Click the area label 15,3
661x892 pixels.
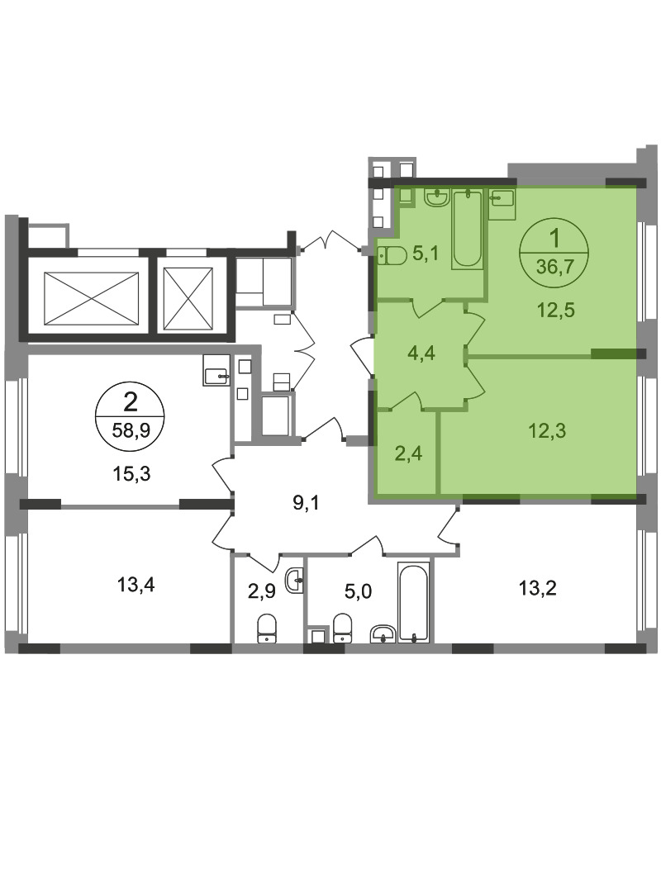[131, 472]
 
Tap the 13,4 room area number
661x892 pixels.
[136, 584]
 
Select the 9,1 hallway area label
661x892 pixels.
[306, 503]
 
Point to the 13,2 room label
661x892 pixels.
[537, 588]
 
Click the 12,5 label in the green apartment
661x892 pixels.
[556, 310]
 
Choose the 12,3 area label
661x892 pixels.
[547, 430]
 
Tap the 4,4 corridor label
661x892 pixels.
[421, 353]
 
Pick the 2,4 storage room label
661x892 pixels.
[408, 453]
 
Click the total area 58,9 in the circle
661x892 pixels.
[131, 430]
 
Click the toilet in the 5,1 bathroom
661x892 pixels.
[392, 256]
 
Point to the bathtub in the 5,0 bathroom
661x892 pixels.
[413, 603]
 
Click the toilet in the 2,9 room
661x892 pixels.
[266, 628]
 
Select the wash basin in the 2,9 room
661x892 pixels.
[294, 581]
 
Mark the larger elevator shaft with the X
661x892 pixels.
[91, 298]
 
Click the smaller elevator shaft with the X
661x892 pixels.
[188, 298]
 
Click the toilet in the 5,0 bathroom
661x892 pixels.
[341, 628]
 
